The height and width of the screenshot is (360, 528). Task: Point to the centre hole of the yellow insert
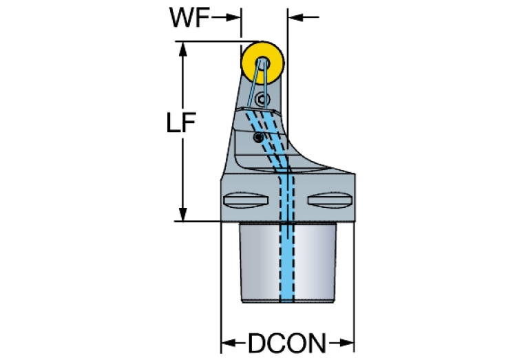click(262, 63)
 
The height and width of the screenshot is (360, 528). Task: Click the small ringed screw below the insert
click(260, 100)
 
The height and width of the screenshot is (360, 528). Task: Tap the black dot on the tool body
click(257, 138)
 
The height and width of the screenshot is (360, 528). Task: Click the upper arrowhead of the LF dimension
click(184, 49)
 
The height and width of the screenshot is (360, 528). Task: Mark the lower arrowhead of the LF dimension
click(184, 214)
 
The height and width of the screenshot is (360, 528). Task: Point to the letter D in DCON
click(256, 342)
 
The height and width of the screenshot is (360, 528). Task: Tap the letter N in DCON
click(317, 342)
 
